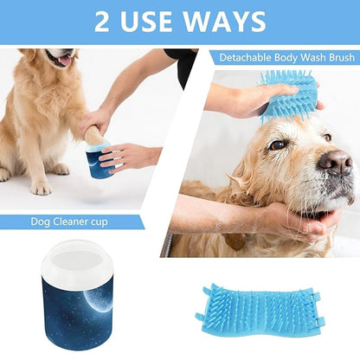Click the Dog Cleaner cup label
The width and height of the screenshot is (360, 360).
tap(72, 222)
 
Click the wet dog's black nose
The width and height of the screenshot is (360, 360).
tap(335, 161)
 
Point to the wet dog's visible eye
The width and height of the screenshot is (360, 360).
tap(278, 145)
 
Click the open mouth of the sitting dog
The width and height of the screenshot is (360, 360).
tap(61, 61)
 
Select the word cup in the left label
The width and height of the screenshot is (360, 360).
tap(118, 222)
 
